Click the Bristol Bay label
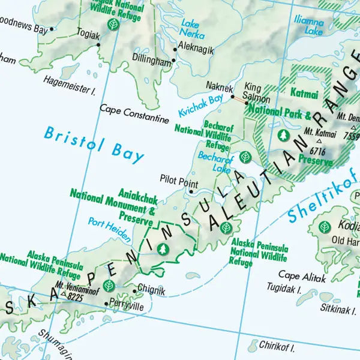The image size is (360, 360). click(x=94, y=144)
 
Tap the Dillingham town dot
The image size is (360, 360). click(x=174, y=61)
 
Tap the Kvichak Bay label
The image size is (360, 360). click(x=200, y=105)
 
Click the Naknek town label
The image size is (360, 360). click(x=218, y=87)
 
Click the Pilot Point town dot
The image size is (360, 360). click(x=191, y=192)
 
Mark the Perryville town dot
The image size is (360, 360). click(x=106, y=304)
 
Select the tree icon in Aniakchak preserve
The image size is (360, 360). click(x=162, y=248)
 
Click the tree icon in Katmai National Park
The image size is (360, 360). click(x=281, y=135)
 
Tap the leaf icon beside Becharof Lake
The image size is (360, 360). click(x=244, y=157)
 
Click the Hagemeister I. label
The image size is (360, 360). click(x=70, y=91)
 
